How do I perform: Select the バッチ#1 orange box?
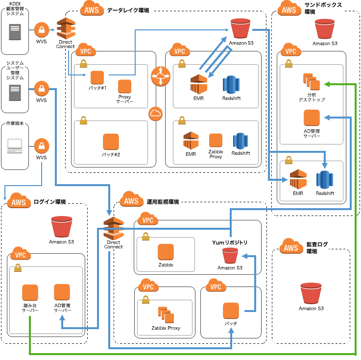tap(97, 77)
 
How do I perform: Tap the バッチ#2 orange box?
tap(111, 142)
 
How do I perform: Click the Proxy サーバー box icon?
tap(125, 86)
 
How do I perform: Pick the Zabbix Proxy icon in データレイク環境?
tap(216, 141)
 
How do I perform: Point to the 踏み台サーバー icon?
tap(30, 293)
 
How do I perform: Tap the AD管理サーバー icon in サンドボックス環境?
tap(312, 118)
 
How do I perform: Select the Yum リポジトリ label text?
tap(229, 243)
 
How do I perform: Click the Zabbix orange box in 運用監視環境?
tap(166, 252)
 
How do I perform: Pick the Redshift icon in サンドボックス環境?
tap(325, 180)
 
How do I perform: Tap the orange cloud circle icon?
tap(156, 114)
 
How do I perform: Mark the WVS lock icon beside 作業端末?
tap(42, 145)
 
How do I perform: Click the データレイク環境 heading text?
tap(128, 10)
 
